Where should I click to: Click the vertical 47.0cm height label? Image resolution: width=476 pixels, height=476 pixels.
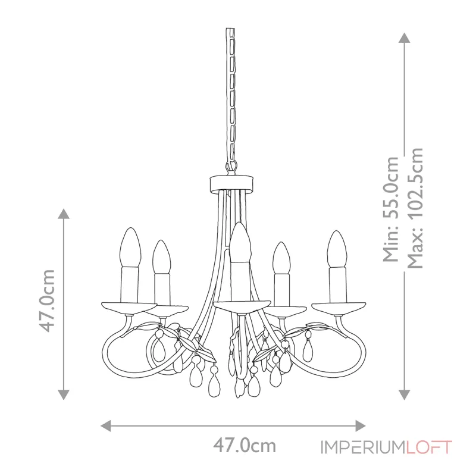click(x=47, y=300)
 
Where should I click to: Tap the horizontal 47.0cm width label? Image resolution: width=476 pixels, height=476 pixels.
click(x=245, y=446)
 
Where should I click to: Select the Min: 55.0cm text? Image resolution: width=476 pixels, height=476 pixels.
click(x=391, y=209)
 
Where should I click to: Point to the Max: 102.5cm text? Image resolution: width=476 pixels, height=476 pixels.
click(x=415, y=208)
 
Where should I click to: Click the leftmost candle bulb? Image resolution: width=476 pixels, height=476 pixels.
click(x=130, y=248)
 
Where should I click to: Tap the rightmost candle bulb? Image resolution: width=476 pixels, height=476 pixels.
click(x=337, y=249)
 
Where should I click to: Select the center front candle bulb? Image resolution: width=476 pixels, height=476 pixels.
click(x=240, y=242)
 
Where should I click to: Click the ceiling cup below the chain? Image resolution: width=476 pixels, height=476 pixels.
click(x=231, y=184)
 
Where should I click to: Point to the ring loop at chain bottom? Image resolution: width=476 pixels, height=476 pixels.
click(x=231, y=167)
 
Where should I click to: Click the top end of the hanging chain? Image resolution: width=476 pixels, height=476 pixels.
click(x=230, y=29)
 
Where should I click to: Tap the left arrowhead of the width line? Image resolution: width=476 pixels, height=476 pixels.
click(x=106, y=425)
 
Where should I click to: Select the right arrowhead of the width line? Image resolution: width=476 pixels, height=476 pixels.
click(x=361, y=425)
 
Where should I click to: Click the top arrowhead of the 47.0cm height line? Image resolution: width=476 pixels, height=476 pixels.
click(x=64, y=214)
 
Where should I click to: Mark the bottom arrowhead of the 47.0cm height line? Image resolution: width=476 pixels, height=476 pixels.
click(x=64, y=395)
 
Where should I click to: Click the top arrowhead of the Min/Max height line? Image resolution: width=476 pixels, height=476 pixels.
click(x=405, y=37)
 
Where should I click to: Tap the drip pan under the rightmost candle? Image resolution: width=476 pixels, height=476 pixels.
click(x=338, y=307)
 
